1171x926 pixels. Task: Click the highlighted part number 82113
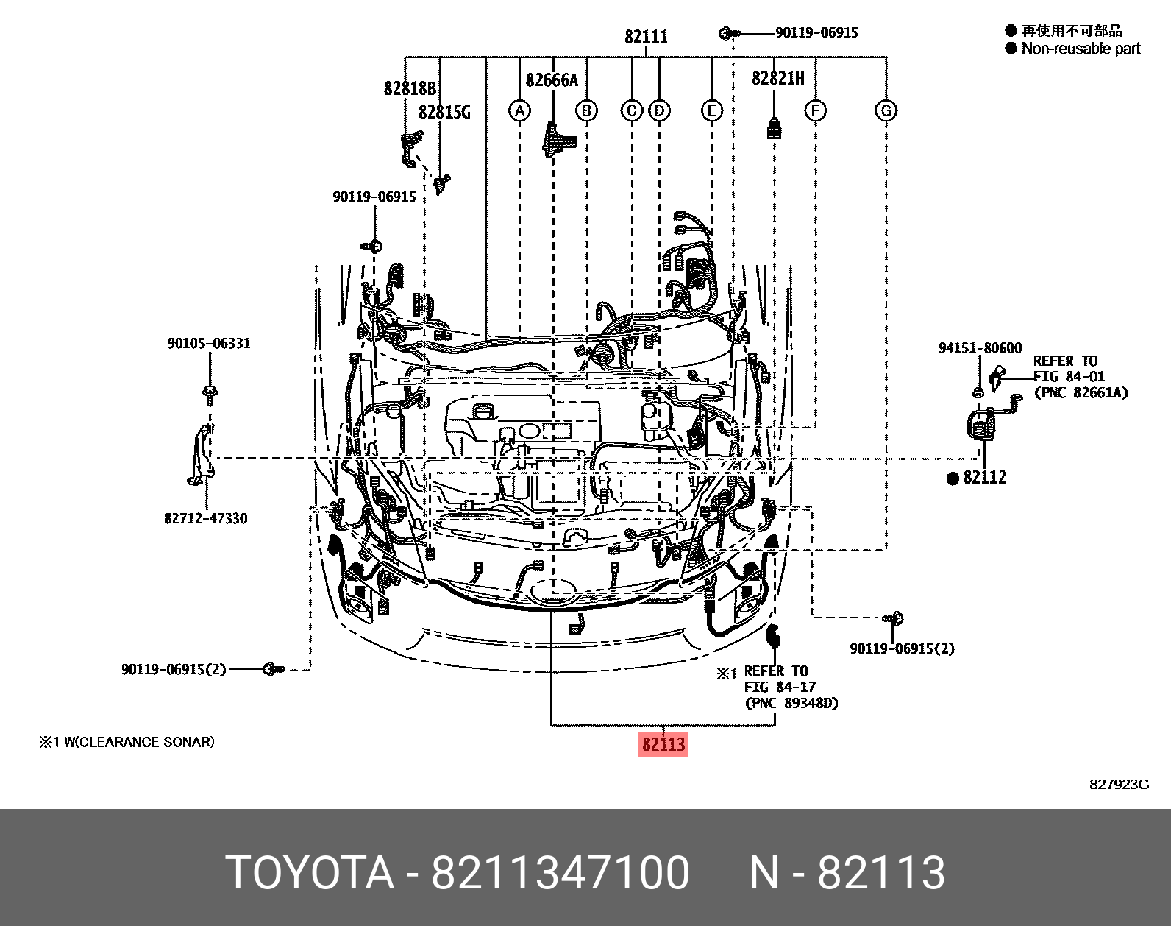[663, 744]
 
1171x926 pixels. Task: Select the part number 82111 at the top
[646, 36]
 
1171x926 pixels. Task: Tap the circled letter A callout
[519, 111]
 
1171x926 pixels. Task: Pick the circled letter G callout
[886, 111]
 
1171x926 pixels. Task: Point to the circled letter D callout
[659, 111]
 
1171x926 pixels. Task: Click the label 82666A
[552, 80]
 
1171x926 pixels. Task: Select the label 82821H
[777, 78]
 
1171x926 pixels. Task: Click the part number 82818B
[410, 89]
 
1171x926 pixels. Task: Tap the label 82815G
[444, 113]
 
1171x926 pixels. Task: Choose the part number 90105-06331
[208, 344]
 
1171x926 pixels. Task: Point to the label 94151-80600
[980, 348]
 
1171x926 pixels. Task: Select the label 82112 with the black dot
[984, 477]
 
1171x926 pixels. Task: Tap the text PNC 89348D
[791, 703]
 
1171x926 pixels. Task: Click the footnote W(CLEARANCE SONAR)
[138, 742]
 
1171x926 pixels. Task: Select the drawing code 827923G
[1119, 785]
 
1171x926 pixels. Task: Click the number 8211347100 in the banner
[560, 873]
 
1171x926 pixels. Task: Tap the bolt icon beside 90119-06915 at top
[729, 33]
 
